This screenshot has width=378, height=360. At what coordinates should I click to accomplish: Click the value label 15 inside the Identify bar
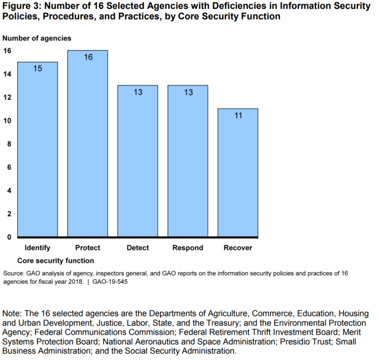[37, 69]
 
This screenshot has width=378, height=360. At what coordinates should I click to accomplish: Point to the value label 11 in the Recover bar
[238, 116]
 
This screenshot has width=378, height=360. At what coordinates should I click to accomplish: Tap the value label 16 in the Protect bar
[87, 57]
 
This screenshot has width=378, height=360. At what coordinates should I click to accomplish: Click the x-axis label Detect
[138, 248]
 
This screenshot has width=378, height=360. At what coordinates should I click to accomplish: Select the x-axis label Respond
[188, 248]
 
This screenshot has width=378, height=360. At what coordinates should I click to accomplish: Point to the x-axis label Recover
[238, 248]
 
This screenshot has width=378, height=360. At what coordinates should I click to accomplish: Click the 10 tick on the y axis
[7, 121]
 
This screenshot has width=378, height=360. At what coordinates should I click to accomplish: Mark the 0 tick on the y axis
[8, 237]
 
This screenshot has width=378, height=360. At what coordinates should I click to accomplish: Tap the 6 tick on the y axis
[8, 167]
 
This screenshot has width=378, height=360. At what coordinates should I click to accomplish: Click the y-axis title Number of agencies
[37, 38]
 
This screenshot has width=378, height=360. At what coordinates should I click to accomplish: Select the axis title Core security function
[56, 260]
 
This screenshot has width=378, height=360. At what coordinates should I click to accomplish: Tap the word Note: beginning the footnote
[14, 313]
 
